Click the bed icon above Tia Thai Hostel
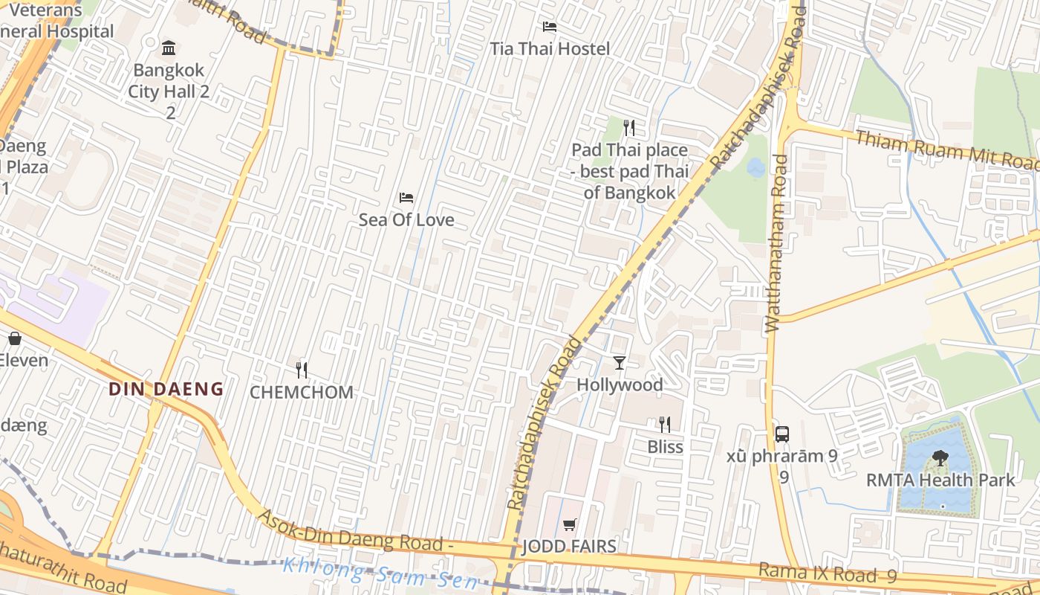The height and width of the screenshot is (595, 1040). point(549,27)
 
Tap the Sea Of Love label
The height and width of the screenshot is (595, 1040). point(406,220)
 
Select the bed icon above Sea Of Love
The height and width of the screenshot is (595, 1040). point(406,198)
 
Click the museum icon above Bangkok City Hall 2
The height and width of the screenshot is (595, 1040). point(169,48)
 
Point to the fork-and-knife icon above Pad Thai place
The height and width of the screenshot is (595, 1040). point(629,128)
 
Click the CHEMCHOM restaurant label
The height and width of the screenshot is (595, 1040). point(302,393)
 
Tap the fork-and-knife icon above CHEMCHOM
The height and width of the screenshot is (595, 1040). point(302,370)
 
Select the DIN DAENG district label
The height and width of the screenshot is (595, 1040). point(166,388)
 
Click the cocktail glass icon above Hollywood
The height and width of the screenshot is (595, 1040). point(620,363)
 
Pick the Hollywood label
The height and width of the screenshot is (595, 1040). point(620,385)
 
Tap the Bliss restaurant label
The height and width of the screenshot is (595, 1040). point(665,447)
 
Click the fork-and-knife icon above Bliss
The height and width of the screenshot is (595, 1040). point(665,425)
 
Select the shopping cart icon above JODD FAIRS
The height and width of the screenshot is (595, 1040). point(570,525)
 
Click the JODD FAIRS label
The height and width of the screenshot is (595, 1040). point(570,547)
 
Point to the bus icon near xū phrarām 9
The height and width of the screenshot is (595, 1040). point(781,434)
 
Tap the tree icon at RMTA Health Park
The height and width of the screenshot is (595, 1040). point(940,458)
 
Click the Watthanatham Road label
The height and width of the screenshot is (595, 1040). point(776,242)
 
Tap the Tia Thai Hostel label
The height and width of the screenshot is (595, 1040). point(550,49)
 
